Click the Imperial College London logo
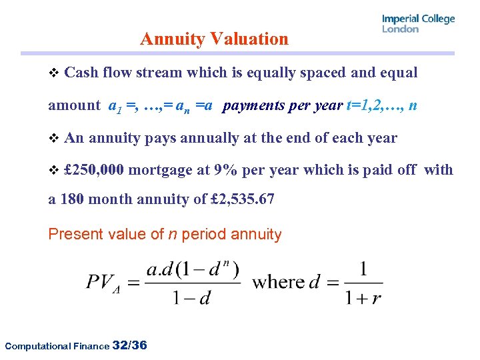pos(418,23)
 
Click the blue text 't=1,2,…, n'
pos(382,105)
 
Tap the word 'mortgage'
pos(160,170)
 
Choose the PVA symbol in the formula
pos(105,282)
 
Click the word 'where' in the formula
pos(277,281)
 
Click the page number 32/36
pos(131,345)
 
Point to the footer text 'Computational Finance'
pos(57,346)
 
